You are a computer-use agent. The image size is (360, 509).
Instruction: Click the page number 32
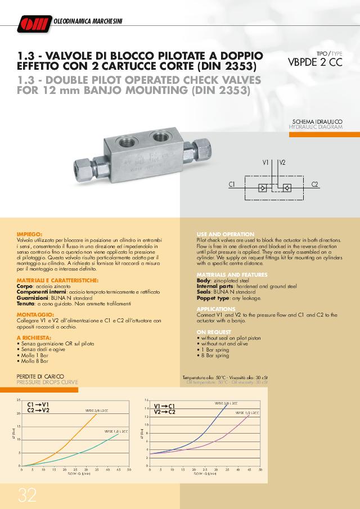pyautogui.click(x=27, y=494)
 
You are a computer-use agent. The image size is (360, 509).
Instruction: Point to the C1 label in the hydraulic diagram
pyautogui.click(x=231, y=184)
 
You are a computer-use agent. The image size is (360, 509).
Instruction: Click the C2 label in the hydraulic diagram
pyautogui.click(x=314, y=184)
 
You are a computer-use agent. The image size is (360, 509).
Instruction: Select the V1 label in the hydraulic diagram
pyautogui.click(x=266, y=163)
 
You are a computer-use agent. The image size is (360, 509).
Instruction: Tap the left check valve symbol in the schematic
pyautogui.click(x=263, y=187)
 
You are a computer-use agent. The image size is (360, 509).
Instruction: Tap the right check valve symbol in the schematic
pyautogui.click(x=286, y=187)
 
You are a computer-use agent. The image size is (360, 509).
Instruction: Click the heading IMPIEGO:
pyautogui.click(x=30, y=233)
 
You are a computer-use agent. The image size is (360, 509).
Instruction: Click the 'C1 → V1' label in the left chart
pyautogui.click(x=38, y=404)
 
